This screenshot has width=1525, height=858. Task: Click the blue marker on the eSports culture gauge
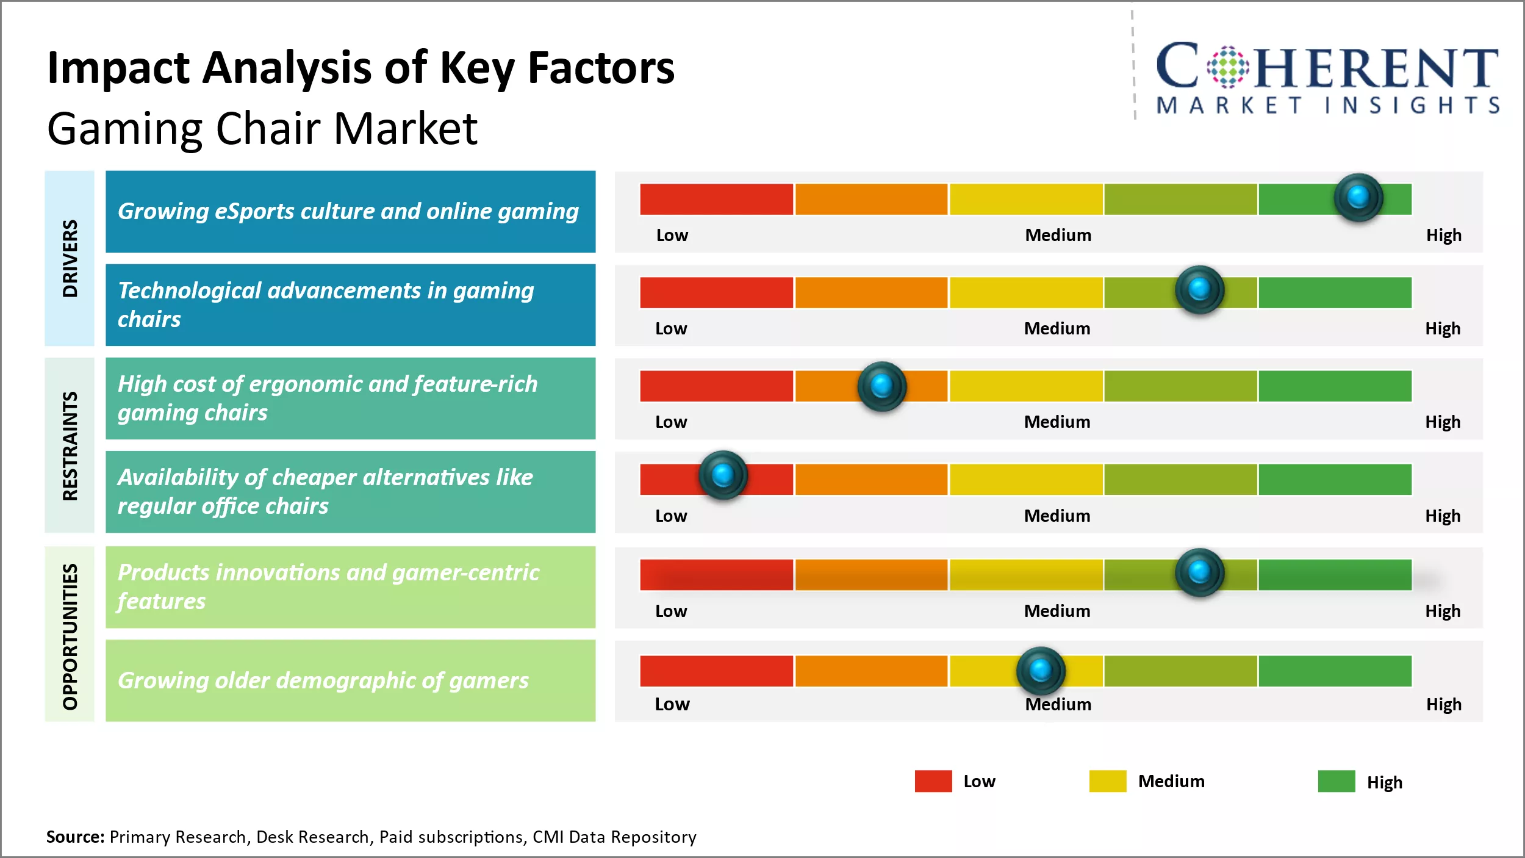(x=1358, y=197)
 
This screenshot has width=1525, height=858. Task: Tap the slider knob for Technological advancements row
(x=1199, y=289)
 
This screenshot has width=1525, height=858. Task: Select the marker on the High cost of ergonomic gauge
(x=881, y=386)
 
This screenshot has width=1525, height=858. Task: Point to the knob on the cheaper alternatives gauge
(x=723, y=475)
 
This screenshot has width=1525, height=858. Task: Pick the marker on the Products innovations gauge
(x=1199, y=572)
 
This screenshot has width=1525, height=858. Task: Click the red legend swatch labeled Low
(x=933, y=781)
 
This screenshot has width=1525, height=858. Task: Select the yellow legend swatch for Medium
(x=1107, y=781)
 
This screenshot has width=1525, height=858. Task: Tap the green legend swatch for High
(x=1336, y=781)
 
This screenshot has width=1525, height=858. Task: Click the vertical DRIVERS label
(x=70, y=258)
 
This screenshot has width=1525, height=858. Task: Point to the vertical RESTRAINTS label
(x=70, y=445)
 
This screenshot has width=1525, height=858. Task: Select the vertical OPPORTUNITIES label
(x=70, y=636)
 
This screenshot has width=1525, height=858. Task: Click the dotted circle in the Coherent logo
(x=1227, y=67)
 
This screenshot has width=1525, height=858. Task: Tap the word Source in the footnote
(x=74, y=837)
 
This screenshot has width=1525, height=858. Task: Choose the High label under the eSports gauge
(x=1443, y=235)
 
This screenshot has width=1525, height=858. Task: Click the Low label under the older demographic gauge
(x=672, y=704)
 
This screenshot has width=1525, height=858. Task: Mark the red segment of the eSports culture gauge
(x=716, y=199)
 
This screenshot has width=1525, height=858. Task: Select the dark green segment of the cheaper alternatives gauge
(x=1335, y=480)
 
